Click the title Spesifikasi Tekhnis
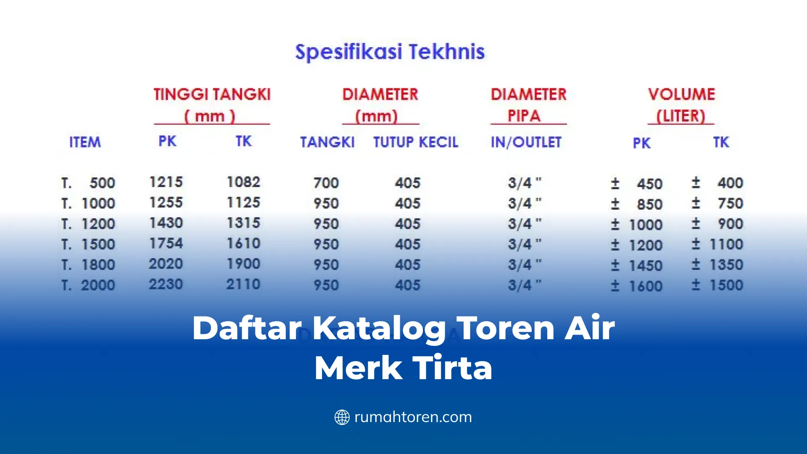pyautogui.click(x=390, y=52)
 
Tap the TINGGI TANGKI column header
pyautogui.click(x=212, y=95)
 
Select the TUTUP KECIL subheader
pyautogui.click(x=415, y=142)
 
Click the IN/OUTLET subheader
pyautogui.click(x=526, y=142)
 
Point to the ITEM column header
pyautogui.click(x=85, y=142)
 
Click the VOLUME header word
pyautogui.click(x=681, y=95)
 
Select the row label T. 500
pyautogui.click(x=88, y=183)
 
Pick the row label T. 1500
pyautogui.click(x=88, y=244)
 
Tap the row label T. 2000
pyautogui.click(x=88, y=285)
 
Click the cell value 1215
pyautogui.click(x=166, y=182)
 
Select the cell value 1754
pyautogui.click(x=166, y=243)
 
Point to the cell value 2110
pyautogui.click(x=243, y=284)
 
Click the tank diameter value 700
pyautogui.click(x=326, y=183)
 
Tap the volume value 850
pyautogui.click(x=649, y=204)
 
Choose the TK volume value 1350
pyautogui.click(x=726, y=265)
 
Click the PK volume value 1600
pyautogui.click(x=645, y=286)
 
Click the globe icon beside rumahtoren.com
pyautogui.click(x=342, y=417)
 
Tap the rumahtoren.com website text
pyautogui.click(x=413, y=417)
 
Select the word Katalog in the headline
pyautogui.click(x=379, y=328)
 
